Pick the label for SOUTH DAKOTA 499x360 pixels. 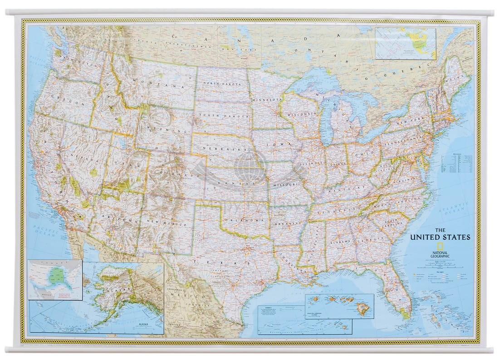[218, 115]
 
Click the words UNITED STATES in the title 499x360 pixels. [440, 237]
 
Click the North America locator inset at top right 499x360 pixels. [405, 43]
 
